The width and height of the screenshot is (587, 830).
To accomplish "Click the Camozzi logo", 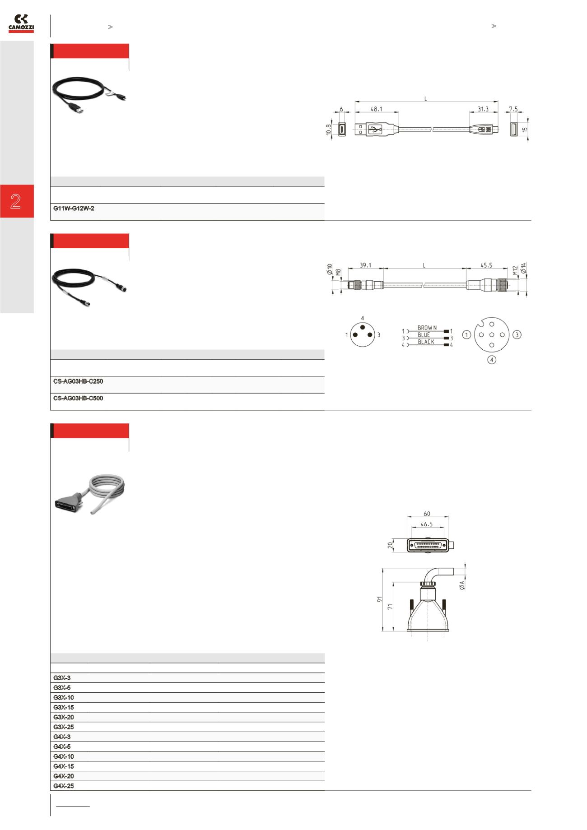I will coord(21,23).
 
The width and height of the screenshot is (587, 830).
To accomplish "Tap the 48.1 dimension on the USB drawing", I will coord(376,109).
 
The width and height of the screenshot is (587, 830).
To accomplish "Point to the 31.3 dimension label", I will coord(483,109).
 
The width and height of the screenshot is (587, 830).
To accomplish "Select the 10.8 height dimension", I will coord(329,129).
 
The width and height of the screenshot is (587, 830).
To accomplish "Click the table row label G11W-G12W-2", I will coord(74,209).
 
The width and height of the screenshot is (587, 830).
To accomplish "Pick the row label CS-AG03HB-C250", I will coord(78,381).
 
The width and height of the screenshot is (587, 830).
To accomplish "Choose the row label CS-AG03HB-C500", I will coord(78,399).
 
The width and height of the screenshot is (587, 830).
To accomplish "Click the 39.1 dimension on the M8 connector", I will coord(365,266).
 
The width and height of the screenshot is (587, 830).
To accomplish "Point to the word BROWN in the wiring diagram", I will coord(427,328).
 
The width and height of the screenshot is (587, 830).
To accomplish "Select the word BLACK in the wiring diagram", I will coord(426,342).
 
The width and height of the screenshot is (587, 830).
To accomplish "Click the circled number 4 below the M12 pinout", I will coord(491,360).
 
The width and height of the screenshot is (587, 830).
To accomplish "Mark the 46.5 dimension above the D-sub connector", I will coord(427,524).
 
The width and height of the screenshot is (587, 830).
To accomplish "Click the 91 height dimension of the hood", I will coord(380,599).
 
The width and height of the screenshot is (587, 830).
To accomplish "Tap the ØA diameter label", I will coord(461,585).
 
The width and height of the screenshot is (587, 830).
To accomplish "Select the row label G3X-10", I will coord(64,698).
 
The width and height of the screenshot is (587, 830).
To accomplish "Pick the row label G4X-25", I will coord(64,786).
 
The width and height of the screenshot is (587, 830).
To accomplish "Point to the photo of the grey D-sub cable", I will coord(90,495).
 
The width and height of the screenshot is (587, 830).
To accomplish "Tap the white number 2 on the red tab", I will coord(16,201).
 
